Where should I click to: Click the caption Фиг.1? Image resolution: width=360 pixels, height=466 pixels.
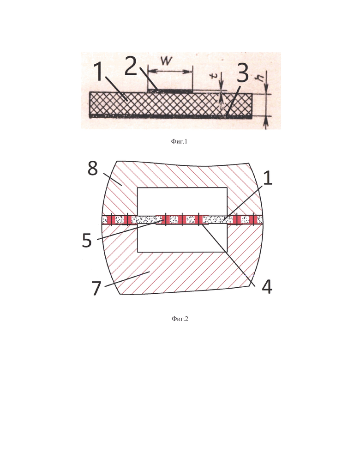179,141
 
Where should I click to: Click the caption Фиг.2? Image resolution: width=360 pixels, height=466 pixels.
180,319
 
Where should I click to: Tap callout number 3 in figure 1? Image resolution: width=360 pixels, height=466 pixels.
242,73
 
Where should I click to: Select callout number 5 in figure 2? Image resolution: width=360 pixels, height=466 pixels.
87,241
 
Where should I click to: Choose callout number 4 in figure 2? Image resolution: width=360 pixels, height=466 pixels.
267,287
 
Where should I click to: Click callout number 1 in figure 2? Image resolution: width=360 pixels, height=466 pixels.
268,178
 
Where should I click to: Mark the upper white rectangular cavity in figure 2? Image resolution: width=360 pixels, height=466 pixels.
182,201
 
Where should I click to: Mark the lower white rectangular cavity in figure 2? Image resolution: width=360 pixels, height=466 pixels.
182,238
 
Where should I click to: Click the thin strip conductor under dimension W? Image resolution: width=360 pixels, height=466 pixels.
170,90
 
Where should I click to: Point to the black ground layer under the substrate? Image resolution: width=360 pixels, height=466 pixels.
171,116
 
